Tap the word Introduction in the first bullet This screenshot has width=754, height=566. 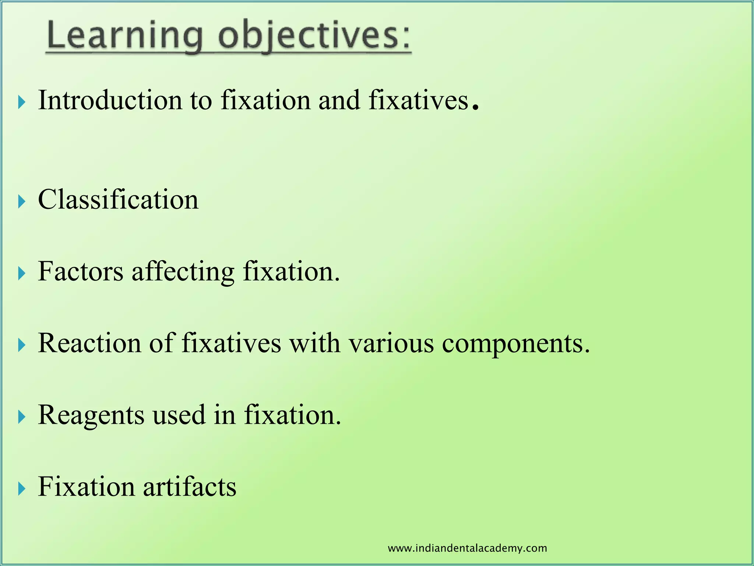click(110, 100)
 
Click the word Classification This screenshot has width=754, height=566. click(118, 200)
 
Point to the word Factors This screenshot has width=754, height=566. click(81, 272)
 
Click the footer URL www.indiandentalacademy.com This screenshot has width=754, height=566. click(467, 548)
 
